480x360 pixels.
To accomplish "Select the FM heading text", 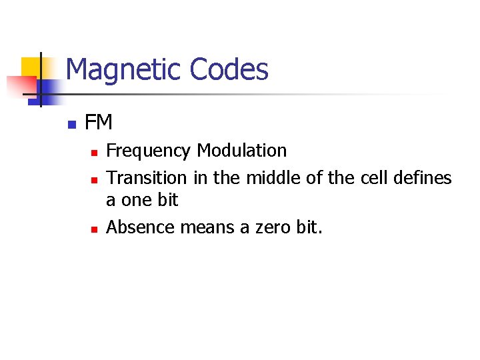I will (x=99, y=123).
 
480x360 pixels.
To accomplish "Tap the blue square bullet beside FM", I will (x=71, y=124).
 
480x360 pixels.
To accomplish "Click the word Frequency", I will (x=149, y=151).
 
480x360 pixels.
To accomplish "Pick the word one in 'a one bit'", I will (x=138, y=200).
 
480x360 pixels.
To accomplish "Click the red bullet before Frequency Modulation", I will (x=94, y=153).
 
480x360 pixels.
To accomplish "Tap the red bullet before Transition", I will (x=94, y=180).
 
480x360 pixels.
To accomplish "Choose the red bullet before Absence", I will (x=94, y=229).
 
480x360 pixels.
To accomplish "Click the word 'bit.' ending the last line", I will (x=309, y=227).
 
